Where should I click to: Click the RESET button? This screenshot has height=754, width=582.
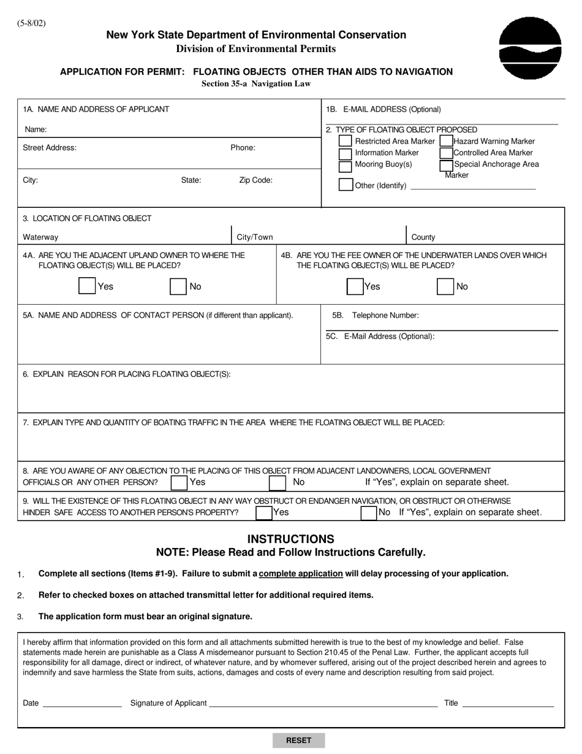(298, 740)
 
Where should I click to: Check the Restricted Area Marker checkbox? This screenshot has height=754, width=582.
(346, 142)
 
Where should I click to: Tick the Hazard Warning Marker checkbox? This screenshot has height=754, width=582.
(447, 142)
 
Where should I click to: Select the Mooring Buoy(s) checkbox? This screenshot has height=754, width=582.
(346, 166)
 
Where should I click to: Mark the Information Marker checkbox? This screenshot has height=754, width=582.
(346, 153)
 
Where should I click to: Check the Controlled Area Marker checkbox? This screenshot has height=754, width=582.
(447, 153)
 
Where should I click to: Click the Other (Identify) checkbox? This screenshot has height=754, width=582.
(346, 185)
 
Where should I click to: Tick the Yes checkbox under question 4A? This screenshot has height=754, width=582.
(88, 286)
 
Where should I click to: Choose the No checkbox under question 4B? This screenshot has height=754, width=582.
(445, 286)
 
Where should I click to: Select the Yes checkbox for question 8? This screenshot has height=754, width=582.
(179, 483)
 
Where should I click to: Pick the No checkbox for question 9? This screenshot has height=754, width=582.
(368, 512)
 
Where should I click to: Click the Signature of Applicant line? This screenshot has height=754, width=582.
(323, 703)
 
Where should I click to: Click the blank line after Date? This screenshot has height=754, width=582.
(81, 703)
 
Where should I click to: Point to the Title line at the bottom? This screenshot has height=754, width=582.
(508, 703)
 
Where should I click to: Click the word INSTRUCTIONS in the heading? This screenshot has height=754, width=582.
(290, 539)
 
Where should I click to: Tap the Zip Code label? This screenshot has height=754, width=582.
(255, 180)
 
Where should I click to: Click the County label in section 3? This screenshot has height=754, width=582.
(423, 237)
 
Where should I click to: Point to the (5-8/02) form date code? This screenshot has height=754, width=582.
(31, 24)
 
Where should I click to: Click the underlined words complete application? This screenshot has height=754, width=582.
(301, 574)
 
